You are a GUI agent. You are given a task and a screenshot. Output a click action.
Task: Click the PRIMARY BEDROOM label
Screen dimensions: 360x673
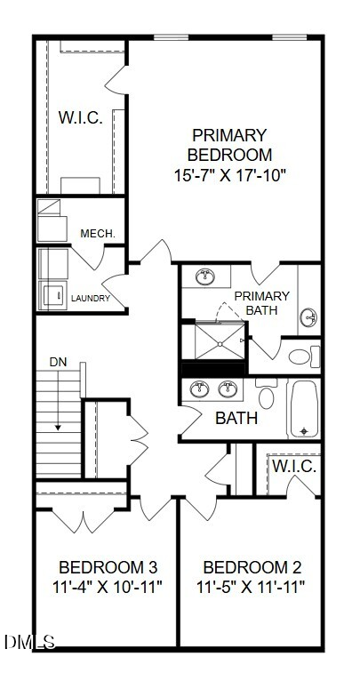229,145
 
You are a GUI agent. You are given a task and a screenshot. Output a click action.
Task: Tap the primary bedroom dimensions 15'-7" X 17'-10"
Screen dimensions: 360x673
229,175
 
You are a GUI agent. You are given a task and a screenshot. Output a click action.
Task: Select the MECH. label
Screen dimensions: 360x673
98,234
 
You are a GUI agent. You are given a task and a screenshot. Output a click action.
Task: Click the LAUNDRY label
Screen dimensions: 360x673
91,298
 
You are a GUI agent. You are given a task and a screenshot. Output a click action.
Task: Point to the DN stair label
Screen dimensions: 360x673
59,362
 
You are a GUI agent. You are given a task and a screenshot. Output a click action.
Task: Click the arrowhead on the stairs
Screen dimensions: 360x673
58,427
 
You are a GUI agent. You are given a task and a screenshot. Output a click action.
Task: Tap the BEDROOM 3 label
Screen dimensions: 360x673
108,567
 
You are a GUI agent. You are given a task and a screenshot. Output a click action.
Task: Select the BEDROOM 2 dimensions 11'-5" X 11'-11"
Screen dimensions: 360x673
251,586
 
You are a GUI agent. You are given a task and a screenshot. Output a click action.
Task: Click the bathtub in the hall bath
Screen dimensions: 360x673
304,408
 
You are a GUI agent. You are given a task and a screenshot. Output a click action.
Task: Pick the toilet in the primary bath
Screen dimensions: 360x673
304,357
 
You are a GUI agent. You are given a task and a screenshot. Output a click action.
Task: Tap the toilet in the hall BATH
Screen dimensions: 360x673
267,393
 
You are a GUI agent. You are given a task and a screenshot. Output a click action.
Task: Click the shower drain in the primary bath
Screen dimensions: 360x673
220,344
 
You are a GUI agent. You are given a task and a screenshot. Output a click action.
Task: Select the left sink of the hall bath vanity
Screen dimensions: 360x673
199,389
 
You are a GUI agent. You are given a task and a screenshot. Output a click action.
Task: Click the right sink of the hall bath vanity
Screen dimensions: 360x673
228,389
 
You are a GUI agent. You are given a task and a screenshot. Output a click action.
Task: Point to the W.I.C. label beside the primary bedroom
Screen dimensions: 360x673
81,117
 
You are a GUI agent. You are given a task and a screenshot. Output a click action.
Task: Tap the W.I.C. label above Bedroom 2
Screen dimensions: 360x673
295,467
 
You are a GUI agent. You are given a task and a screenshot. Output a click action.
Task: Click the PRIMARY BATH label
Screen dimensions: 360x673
261,303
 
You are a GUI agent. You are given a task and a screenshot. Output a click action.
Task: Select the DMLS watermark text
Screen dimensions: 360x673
30,642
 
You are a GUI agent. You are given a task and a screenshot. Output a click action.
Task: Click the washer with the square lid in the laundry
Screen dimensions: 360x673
53,295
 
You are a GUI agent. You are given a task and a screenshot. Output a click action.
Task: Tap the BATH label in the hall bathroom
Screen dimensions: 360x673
236,418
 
